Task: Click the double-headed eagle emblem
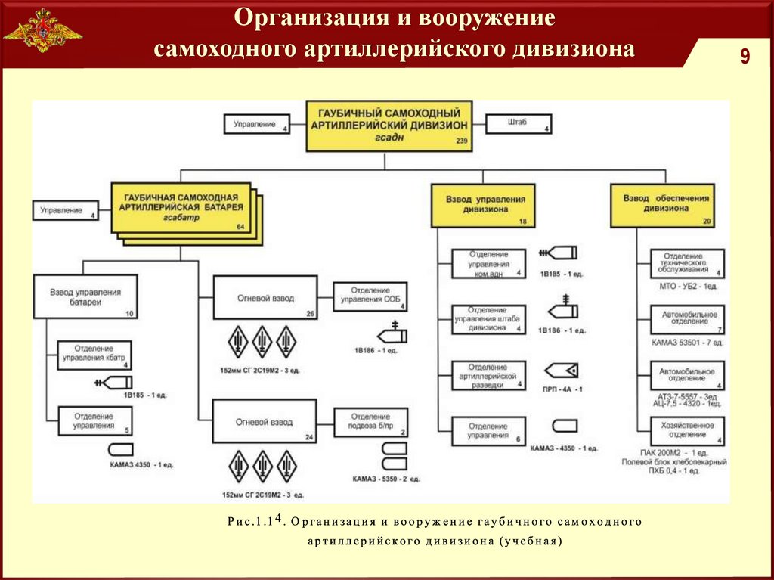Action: [x=43, y=31]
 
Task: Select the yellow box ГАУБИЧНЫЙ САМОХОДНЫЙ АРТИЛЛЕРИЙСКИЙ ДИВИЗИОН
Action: [x=389, y=126]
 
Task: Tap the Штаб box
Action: [x=519, y=125]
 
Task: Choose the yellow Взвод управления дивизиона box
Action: [x=484, y=206]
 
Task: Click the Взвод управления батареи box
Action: [x=86, y=297]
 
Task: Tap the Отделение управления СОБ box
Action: [x=370, y=296]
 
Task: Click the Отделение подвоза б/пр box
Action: [x=370, y=423]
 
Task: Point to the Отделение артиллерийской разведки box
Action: [x=488, y=375]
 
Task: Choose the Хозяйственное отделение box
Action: [x=687, y=430]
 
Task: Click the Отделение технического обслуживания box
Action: [x=687, y=264]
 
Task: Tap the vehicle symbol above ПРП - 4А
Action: [x=561, y=370]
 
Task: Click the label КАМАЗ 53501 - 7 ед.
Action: [x=687, y=343]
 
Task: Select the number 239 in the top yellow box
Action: [x=462, y=142]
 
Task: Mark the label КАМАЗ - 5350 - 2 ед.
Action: [x=386, y=479]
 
